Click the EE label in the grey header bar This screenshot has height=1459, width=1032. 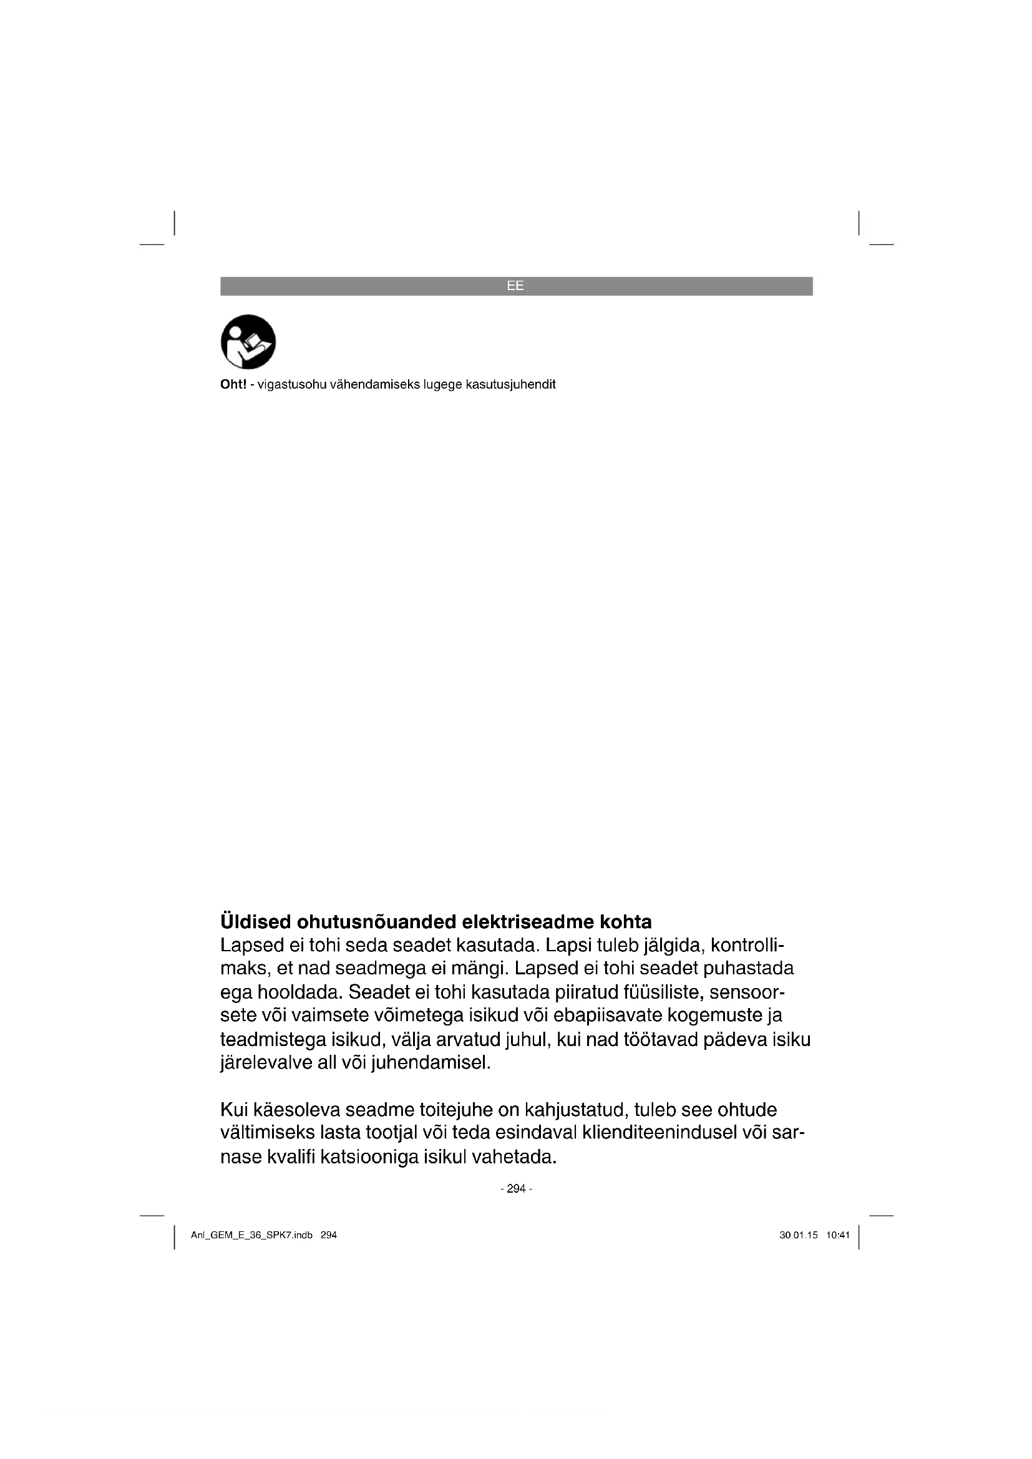pos(515,286)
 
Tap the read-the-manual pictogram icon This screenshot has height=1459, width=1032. pos(248,342)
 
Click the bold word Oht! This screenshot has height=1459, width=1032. pos(233,384)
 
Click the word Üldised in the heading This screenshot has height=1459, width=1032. pos(255,922)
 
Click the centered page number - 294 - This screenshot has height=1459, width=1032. pos(516,1189)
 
